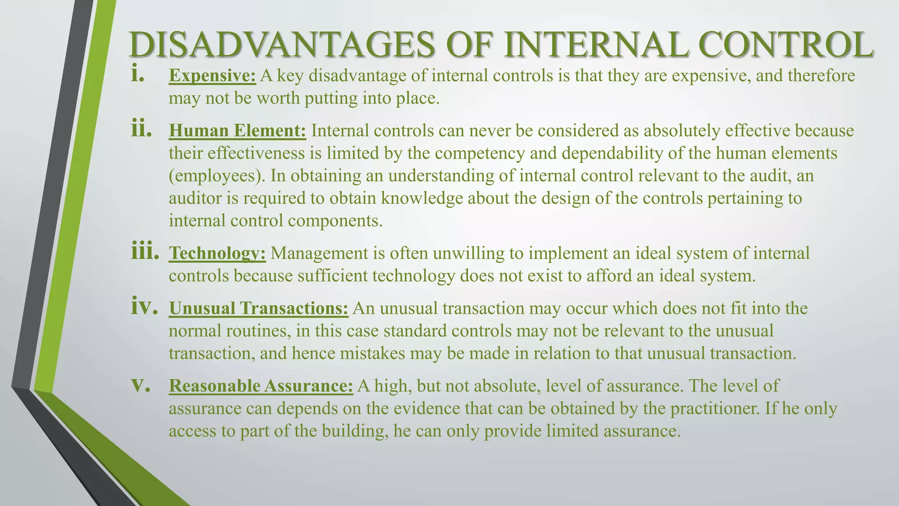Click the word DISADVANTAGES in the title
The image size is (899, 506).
(x=281, y=45)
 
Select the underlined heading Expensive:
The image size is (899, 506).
(x=212, y=76)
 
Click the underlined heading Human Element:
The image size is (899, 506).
(x=237, y=131)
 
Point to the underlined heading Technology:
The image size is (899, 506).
(x=217, y=253)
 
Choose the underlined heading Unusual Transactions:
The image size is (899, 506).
(x=259, y=308)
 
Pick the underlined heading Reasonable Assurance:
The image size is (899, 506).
(x=261, y=386)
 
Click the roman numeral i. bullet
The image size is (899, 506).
(x=138, y=75)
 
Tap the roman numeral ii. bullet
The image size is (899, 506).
(x=141, y=130)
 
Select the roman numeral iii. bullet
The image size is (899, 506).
(x=145, y=252)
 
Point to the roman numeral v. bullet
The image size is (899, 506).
(x=141, y=385)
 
